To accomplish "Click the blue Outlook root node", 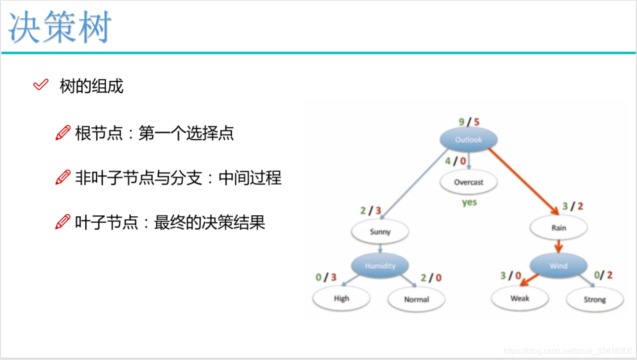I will coord(468,139).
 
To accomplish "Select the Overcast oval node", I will coord(468,182).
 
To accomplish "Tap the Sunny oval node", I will coord(380,232).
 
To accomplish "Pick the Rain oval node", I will coord(559,228).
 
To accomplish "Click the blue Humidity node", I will coord(380,266).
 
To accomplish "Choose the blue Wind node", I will coord(558,266).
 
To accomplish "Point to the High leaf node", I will coord(341,299).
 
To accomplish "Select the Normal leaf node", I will coord(416,300).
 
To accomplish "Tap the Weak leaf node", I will coord(519,299).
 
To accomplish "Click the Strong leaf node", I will coord(594,300).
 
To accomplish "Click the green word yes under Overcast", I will coord(469,202).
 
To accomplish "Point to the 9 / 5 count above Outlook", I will coord(469,121).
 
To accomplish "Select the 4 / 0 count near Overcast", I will coord(455,161).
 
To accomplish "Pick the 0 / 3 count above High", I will coord(326,277).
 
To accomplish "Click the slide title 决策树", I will coord(60,27).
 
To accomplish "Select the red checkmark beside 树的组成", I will coord(40,85).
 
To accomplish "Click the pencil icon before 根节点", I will coord(63,133).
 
